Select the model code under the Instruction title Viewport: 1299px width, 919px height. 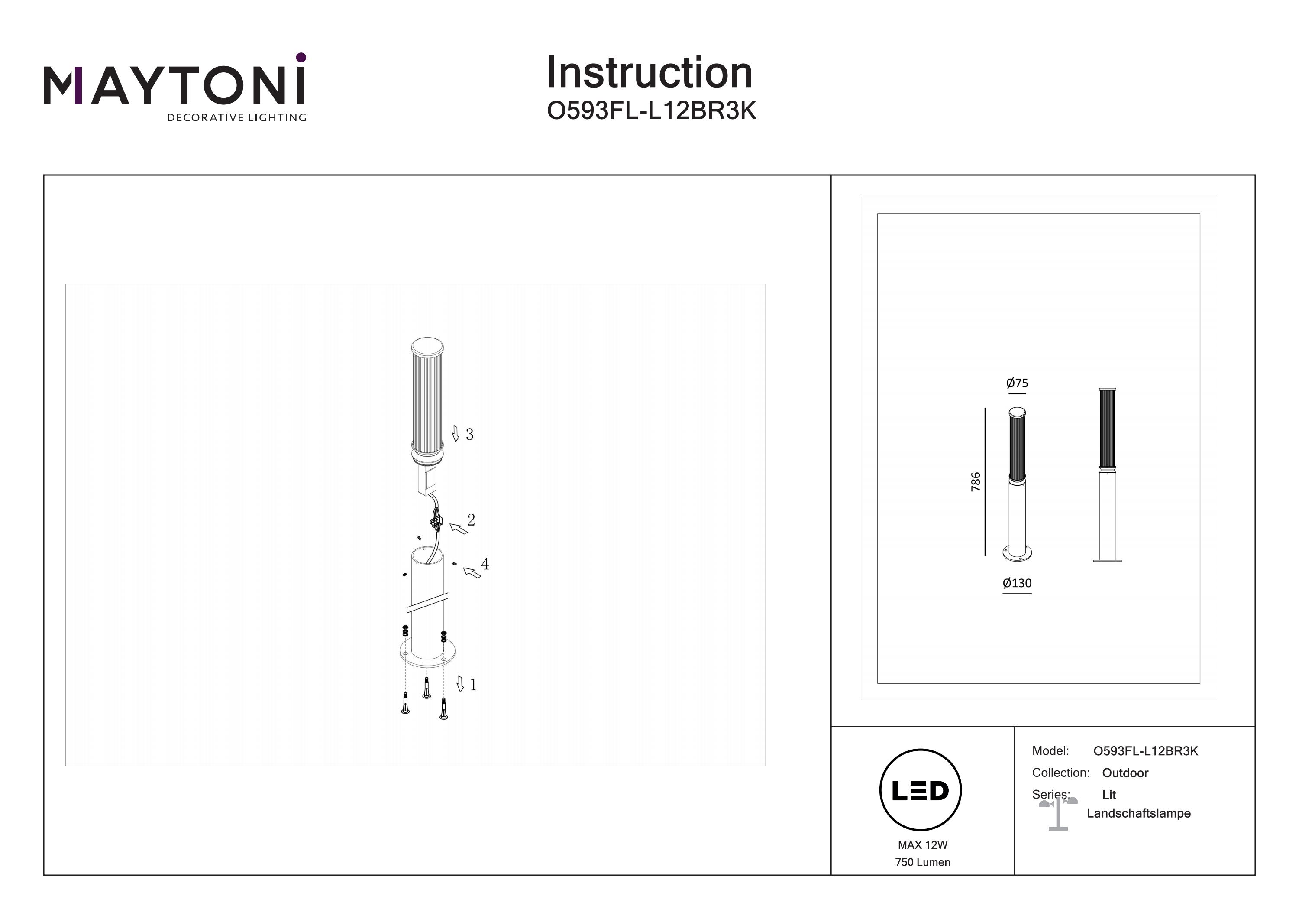coord(651,111)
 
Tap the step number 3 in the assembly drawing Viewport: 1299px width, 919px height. coord(469,434)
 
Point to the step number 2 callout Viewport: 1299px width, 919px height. coord(471,519)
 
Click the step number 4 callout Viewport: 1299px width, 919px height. coord(485,564)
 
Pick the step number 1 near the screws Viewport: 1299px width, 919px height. coord(473,685)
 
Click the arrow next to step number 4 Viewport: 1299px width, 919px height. coord(472,572)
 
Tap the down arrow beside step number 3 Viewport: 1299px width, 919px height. coord(456,434)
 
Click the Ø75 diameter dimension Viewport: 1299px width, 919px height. coord(1017,383)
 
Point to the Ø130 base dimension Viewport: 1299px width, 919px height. coord(1017,583)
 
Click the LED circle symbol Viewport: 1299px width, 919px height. coord(920,790)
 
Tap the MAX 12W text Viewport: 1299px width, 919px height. coord(922,845)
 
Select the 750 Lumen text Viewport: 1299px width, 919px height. coord(922,862)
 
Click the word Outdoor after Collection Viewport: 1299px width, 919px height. coord(1125,773)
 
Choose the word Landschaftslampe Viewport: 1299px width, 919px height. coord(1138,813)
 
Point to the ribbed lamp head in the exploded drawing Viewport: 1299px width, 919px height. coord(427,399)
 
